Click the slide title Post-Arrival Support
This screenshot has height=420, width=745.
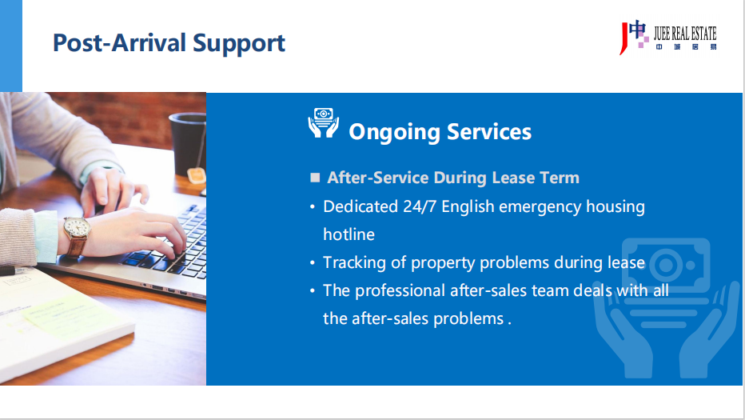point(169,43)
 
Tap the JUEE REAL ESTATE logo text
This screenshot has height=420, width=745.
point(685,34)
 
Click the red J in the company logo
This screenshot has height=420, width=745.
point(623,38)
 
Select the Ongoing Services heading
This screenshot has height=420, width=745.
point(440,132)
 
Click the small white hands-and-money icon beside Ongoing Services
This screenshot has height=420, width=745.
point(324,123)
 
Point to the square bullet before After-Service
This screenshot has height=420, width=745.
point(315,178)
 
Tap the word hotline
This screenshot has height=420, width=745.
point(349,234)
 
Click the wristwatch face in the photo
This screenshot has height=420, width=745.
point(77,227)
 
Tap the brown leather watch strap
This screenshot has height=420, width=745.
point(76,247)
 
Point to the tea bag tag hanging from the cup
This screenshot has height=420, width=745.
point(196,175)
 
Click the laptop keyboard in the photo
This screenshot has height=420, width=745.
point(176,247)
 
